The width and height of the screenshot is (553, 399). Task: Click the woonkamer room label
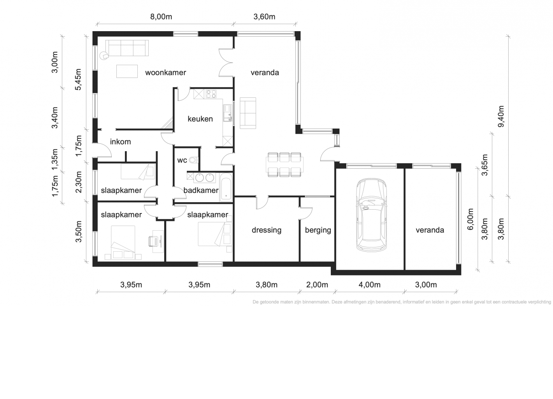tap(165, 73)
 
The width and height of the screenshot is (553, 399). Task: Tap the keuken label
tap(200, 119)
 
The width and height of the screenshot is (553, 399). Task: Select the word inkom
tap(120, 142)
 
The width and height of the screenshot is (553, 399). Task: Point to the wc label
tap(182, 161)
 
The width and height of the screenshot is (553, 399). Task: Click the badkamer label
tap(201, 191)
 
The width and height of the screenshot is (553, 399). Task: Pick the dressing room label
tap(266, 230)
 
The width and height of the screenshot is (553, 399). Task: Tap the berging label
tap(318, 230)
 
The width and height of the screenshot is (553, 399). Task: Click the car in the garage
tap(371, 215)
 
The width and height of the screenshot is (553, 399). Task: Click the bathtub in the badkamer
tap(226, 187)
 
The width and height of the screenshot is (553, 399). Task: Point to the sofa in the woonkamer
tap(127, 48)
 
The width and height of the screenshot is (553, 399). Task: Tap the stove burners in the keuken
tap(211, 94)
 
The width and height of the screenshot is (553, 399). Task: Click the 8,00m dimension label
tap(161, 17)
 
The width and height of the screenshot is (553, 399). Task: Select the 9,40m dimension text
tap(501, 117)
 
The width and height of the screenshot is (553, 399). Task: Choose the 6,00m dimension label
tap(470, 219)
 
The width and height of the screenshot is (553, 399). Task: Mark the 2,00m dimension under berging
tap(317, 285)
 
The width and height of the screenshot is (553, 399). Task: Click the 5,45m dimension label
tap(78, 79)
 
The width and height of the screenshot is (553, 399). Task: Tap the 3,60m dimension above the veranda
tap(264, 17)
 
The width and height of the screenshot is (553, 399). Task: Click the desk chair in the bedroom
tap(153, 241)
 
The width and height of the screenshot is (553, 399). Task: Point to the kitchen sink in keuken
tap(228, 113)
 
